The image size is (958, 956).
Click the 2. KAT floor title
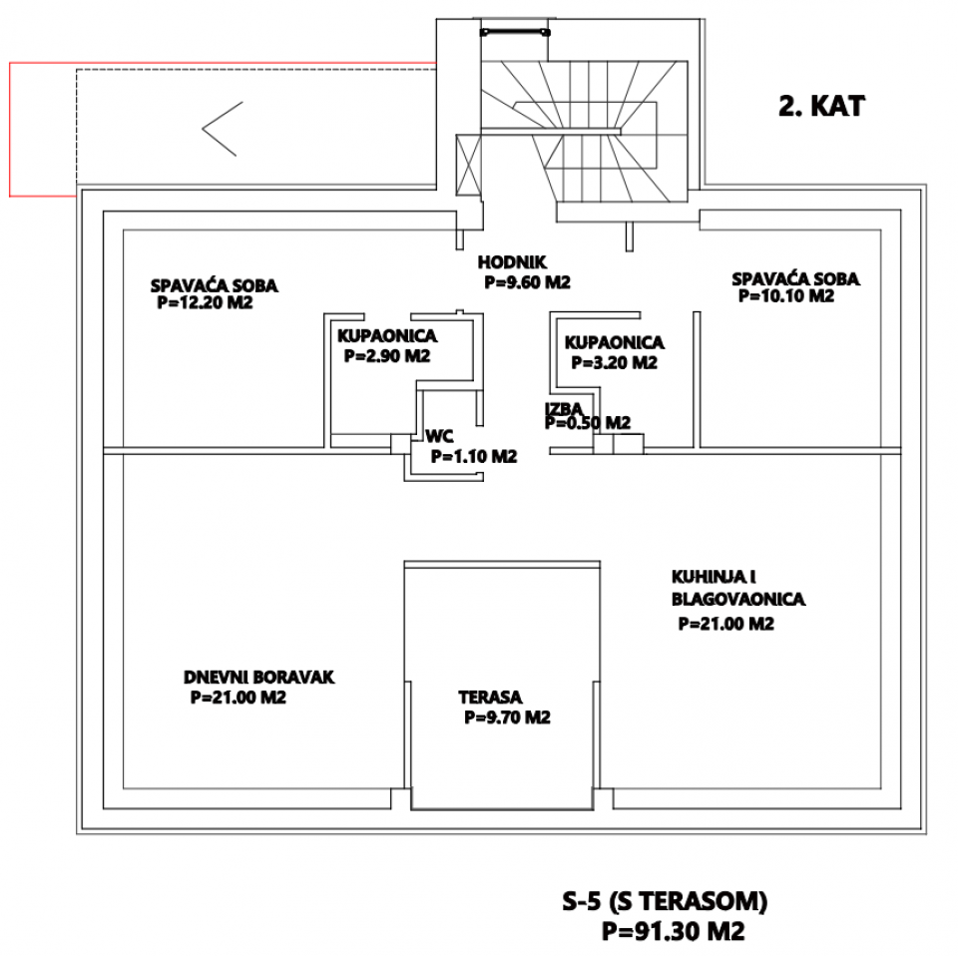click(x=821, y=107)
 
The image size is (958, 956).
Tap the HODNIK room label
click(x=512, y=262)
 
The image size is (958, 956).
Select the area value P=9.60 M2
click(x=527, y=282)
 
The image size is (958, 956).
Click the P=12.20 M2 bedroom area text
click(x=205, y=302)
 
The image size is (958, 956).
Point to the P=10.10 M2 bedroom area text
click(x=785, y=296)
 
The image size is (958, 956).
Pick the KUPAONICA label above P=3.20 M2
click(x=614, y=342)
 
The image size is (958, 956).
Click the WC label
click(x=440, y=436)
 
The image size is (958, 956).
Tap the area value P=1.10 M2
click(x=474, y=456)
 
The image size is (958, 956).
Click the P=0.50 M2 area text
click(x=588, y=423)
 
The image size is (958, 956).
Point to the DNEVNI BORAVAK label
click(x=258, y=678)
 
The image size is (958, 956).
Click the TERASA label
click(x=491, y=698)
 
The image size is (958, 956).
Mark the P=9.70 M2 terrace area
click(x=508, y=717)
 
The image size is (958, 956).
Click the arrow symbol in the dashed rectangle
click(x=220, y=129)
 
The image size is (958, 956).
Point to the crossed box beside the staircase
click(x=467, y=166)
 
